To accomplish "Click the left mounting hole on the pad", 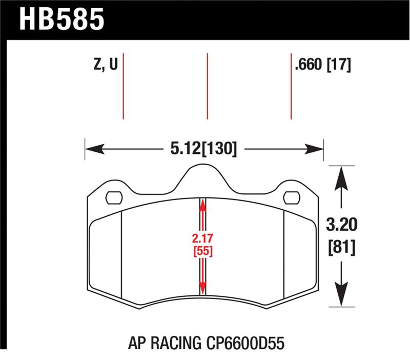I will (x=114, y=197).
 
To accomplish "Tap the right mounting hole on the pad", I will (x=291, y=197).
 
